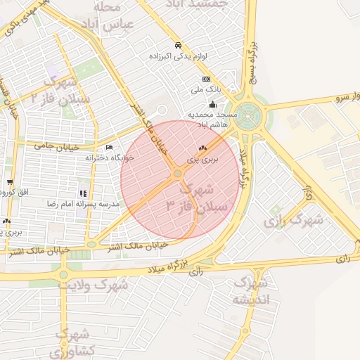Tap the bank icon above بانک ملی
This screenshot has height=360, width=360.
tap(206, 79)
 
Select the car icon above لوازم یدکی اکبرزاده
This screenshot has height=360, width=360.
tap(177, 44)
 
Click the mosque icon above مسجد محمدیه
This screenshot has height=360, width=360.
tap(212, 103)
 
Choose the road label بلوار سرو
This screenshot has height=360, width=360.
tap(344, 97)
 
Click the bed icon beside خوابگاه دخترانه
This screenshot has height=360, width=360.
tap(108, 148)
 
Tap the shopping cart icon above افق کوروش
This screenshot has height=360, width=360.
tap(9, 182)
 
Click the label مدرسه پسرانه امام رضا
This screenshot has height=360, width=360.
tap(83, 204)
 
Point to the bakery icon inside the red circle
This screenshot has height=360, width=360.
tap(202, 148)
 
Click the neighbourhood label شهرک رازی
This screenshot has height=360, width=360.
tap(294, 220)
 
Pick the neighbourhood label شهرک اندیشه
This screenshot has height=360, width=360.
tap(250, 291)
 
